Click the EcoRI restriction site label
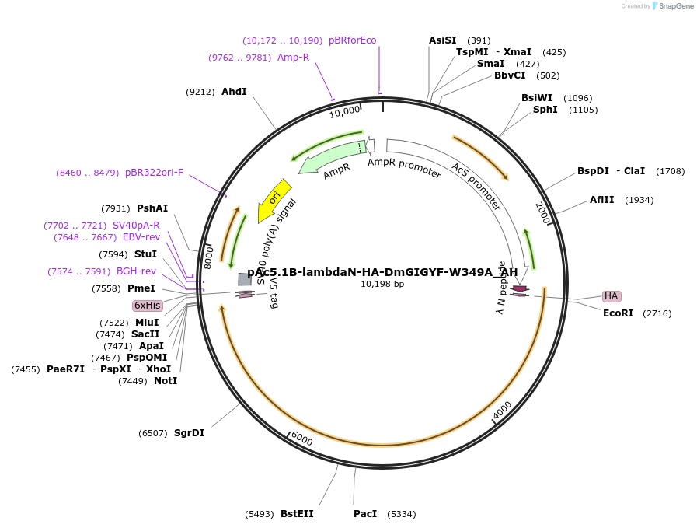coord(618,313)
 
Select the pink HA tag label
coord(612,296)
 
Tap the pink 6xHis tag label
coord(147,306)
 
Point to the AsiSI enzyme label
coord(443,40)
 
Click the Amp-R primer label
coord(293,58)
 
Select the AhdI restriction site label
coord(234,92)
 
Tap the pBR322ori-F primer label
coord(154,173)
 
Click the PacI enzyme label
coord(365,514)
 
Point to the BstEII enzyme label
coord(297,514)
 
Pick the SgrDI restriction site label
coord(189,433)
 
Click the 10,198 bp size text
coord(382,285)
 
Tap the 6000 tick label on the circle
coord(301,439)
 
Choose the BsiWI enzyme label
coord(537,98)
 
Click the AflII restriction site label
coord(601,200)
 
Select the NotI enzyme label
coord(165,381)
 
